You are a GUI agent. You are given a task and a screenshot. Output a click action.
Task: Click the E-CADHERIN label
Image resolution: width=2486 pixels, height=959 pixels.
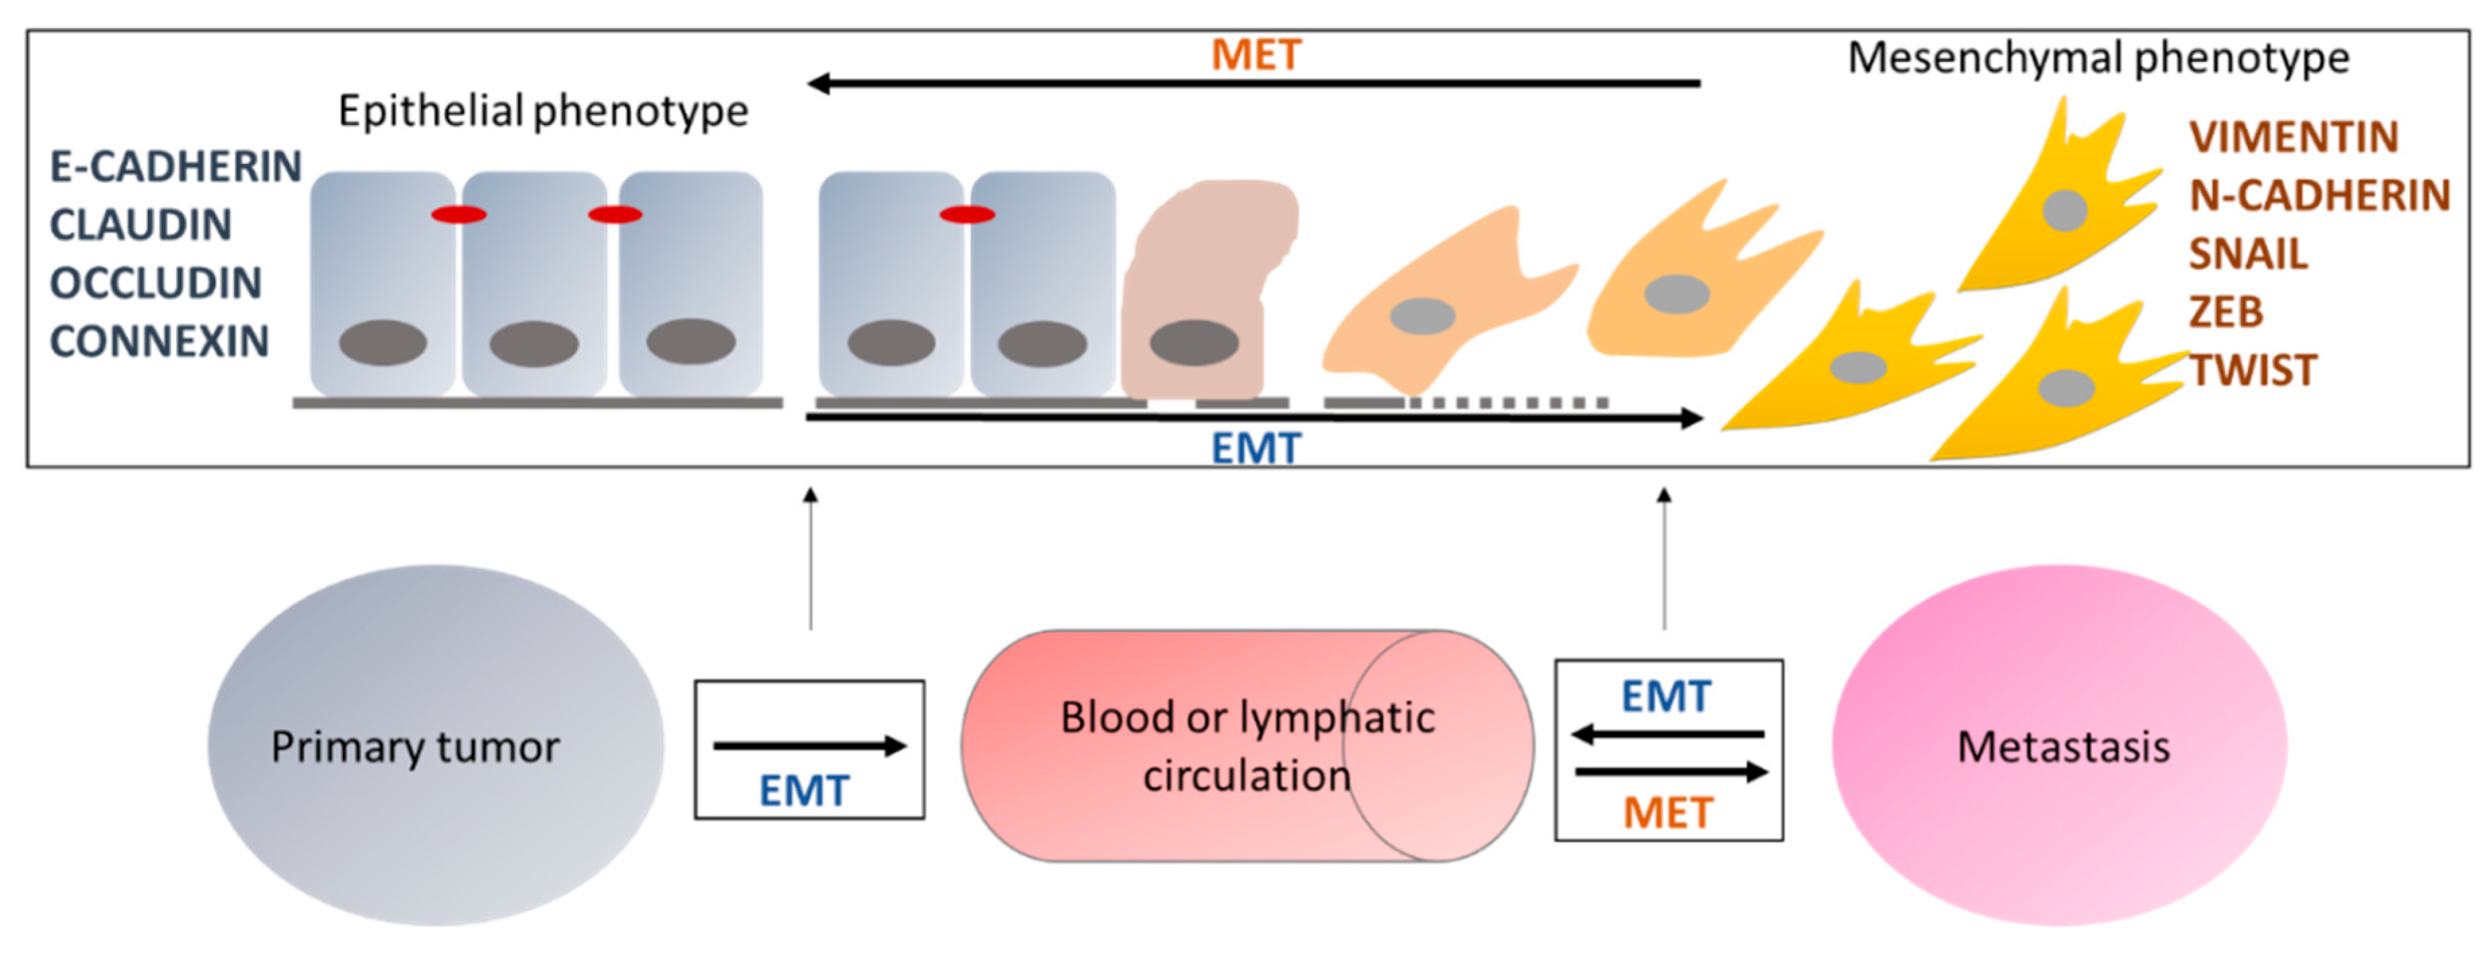(176, 167)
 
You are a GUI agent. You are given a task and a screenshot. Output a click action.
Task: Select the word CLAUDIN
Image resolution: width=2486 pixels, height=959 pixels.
(141, 224)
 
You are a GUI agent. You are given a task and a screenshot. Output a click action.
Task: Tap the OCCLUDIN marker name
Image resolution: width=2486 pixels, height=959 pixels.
(156, 283)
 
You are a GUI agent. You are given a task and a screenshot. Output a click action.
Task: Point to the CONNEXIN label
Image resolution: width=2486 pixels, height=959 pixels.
(159, 341)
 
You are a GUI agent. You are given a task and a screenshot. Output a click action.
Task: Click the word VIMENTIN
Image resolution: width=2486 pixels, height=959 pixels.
(2294, 137)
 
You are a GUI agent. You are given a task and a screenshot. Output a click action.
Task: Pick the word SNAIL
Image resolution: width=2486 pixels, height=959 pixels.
(2248, 254)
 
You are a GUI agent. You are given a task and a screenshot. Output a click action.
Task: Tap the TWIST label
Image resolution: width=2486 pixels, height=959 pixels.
(2253, 370)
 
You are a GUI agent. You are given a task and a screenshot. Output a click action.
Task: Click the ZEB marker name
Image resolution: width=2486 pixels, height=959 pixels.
(2226, 312)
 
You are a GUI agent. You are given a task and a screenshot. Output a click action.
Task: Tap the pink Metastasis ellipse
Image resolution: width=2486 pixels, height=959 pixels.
(2060, 745)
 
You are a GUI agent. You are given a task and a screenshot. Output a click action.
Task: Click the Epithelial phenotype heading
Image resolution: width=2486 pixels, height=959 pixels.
(543, 111)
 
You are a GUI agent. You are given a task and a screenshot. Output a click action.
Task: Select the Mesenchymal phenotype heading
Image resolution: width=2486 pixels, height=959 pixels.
(2098, 57)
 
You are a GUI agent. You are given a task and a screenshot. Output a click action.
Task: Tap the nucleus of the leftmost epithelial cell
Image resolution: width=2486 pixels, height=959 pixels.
(382, 343)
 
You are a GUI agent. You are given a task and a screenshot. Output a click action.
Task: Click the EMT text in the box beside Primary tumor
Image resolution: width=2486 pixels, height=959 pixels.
(804, 791)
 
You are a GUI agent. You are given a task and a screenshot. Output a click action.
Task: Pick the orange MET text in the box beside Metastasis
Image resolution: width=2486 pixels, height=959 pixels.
(1668, 813)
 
